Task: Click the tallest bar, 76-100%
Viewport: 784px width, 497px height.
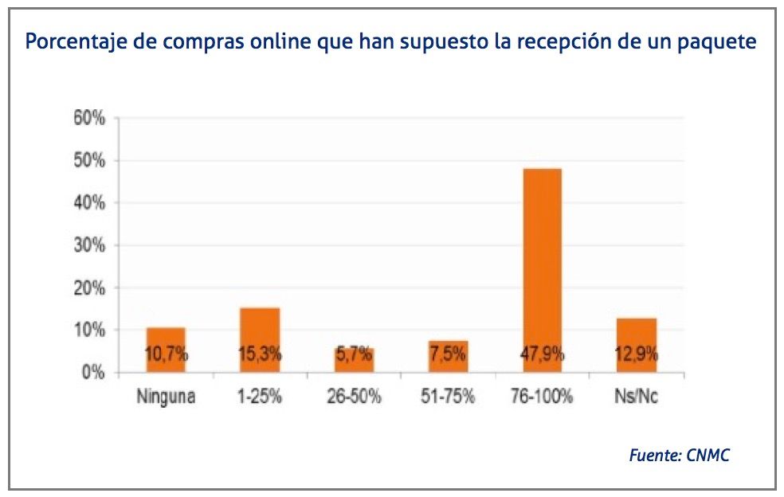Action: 543,263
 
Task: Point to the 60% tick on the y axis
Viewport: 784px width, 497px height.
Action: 88,119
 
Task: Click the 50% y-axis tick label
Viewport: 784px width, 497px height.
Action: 88,161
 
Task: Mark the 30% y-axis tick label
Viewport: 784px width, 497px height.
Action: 88,245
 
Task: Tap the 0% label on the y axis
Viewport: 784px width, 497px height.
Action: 92,372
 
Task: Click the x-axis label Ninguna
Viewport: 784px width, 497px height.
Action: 166,396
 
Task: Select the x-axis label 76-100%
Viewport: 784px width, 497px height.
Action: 543,396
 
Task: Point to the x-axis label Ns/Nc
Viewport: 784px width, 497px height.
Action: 637,396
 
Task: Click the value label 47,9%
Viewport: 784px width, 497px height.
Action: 543,355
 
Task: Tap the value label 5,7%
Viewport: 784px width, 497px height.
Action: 354,355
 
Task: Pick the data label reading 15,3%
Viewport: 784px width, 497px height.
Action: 260,355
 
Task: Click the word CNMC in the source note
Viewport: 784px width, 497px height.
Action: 708,456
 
